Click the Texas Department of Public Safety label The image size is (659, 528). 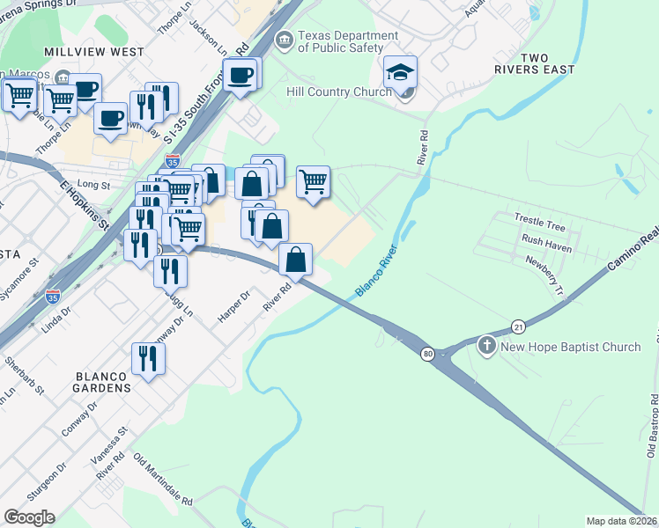click(342, 41)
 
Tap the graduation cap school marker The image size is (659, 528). click(400, 72)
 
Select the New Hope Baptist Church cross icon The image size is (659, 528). click(487, 346)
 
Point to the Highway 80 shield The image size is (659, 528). click(428, 354)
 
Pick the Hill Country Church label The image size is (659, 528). click(339, 92)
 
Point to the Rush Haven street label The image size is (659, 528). click(547, 238)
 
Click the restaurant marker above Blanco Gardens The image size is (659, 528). click(147, 358)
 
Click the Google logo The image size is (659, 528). click(29, 517)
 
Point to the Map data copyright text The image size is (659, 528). click(622, 520)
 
